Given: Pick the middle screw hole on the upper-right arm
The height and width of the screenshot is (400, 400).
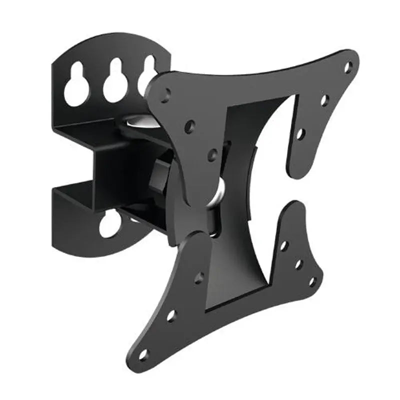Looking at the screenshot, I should click(324, 100).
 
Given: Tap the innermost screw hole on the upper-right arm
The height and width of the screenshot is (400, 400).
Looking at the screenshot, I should click(300, 133).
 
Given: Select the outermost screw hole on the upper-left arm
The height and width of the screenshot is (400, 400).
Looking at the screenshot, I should click(165, 93).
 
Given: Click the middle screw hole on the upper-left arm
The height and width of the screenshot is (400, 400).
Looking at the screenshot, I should click(189, 125).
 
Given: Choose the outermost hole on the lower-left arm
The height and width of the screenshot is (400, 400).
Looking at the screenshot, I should click(144, 354).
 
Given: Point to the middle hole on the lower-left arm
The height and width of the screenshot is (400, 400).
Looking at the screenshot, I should click(171, 315).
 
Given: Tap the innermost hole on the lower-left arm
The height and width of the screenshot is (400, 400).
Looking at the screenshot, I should click(199, 277).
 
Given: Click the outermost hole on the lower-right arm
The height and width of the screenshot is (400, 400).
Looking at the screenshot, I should click(312, 281).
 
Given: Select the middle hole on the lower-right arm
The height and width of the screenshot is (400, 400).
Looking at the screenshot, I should click(298, 263).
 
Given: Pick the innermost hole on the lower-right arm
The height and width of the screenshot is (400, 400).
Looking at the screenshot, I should click(284, 245).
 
